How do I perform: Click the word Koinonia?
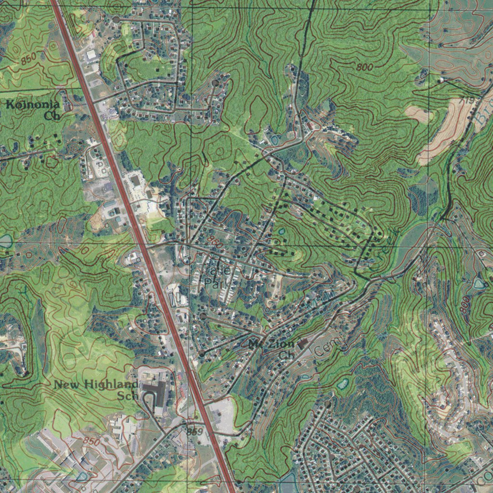(x=33, y=104)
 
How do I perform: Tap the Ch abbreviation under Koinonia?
(x=51, y=116)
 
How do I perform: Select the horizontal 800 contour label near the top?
(x=365, y=67)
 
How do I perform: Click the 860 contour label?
(x=215, y=242)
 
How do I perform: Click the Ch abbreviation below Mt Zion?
(x=287, y=355)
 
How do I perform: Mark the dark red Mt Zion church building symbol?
(x=302, y=344)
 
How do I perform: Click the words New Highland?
(x=96, y=384)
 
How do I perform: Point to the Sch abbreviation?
(x=128, y=396)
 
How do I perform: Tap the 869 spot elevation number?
(x=193, y=431)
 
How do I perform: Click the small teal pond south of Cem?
(x=343, y=384)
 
